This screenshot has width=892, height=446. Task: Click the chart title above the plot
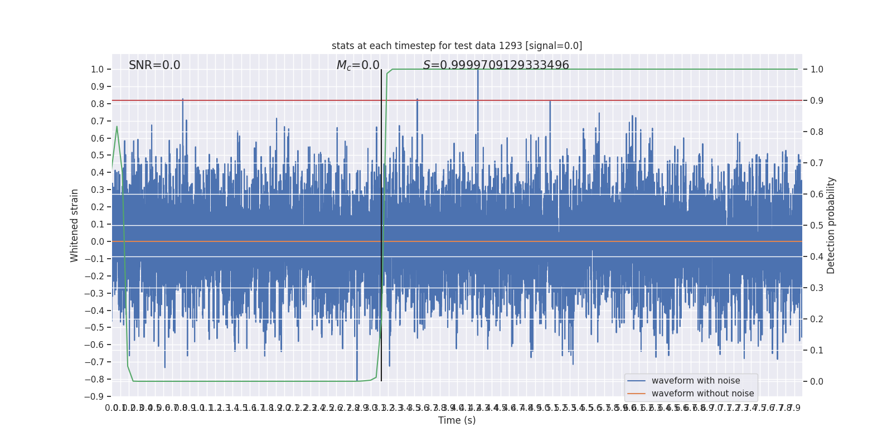[x=457, y=46]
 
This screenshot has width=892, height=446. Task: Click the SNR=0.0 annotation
[x=154, y=65]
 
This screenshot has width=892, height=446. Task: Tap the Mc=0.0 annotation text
[x=358, y=65]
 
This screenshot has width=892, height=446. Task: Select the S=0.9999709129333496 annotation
[x=496, y=65]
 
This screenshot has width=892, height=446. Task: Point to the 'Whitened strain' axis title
[x=75, y=225]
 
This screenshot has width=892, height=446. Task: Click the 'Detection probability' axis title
[x=831, y=225]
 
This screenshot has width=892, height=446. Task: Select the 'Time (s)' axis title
[x=457, y=420]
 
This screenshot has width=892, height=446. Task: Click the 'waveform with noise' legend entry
[x=695, y=381]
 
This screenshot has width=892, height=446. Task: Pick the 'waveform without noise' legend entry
[x=702, y=394]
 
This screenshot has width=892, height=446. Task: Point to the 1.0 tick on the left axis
[x=98, y=70]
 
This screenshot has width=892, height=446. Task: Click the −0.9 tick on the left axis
[x=95, y=396]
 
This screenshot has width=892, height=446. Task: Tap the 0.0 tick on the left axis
[x=98, y=241]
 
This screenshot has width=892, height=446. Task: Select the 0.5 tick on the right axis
[x=817, y=226]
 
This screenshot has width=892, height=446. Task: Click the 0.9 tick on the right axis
[x=817, y=101]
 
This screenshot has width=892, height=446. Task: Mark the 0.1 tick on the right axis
[x=817, y=351]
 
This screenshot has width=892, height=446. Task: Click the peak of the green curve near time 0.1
[x=117, y=127]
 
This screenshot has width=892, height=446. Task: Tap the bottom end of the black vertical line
[x=381, y=381]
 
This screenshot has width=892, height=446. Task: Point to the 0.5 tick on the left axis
[x=98, y=156]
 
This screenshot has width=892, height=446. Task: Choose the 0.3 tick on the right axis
[x=817, y=288]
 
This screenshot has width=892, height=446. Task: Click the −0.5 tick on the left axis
[x=95, y=327]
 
